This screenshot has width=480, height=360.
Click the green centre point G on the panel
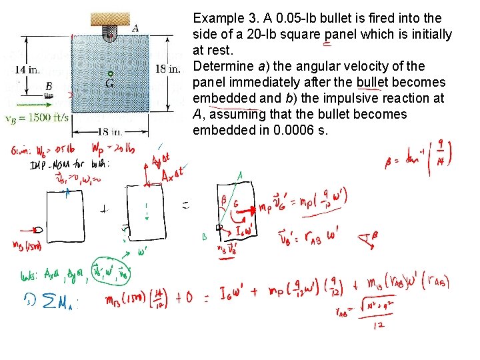[x=111, y=73]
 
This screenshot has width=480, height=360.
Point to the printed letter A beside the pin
[x=135, y=28]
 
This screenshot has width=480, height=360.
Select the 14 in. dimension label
[x=26, y=69]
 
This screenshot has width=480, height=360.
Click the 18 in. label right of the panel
[x=169, y=69]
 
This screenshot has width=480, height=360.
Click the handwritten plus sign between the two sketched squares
[x=103, y=208]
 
